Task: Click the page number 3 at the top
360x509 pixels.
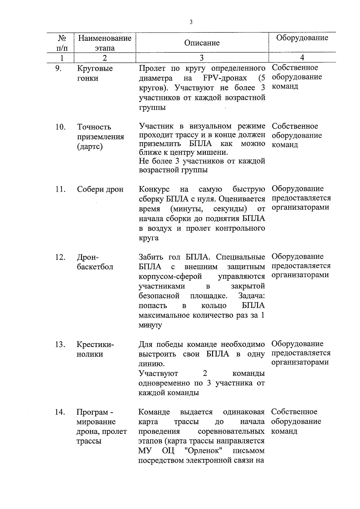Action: click(191, 22)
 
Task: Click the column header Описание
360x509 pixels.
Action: click(202, 43)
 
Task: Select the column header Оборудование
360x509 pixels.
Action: click(302, 38)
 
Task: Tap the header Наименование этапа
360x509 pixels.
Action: click(105, 43)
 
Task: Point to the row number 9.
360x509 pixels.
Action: click(58, 68)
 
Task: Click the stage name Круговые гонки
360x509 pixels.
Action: click(94, 73)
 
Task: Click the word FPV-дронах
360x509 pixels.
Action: click(225, 78)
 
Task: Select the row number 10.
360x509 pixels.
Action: click(60, 127)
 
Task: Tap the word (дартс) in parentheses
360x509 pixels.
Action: click(90, 147)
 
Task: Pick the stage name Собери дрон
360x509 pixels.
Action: click(100, 190)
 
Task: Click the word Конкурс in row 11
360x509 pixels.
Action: click(154, 190)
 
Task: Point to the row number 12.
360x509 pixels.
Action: click(60, 257)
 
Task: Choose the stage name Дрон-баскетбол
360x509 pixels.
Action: click(95, 262)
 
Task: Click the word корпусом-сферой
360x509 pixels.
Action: click(170, 276)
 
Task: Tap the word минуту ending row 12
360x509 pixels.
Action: click(150, 325)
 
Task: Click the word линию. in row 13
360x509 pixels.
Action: click(151, 364)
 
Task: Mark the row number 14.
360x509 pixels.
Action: click(60, 412)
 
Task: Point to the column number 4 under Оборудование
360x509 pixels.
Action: click(302, 58)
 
